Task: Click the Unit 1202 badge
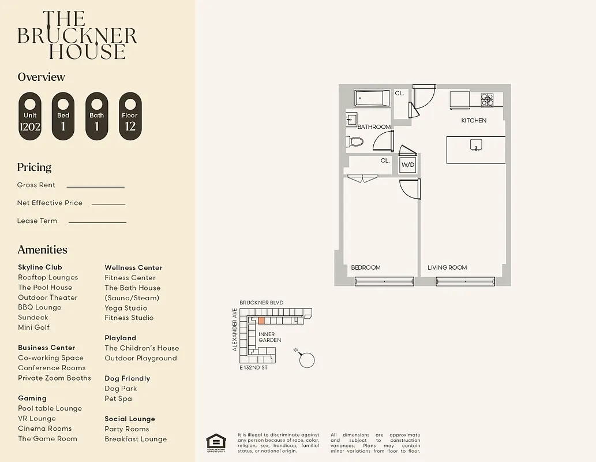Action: (x=30, y=116)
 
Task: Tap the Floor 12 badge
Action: (x=130, y=116)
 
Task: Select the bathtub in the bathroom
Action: (x=372, y=98)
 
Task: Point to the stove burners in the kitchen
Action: (x=487, y=100)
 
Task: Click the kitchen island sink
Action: (x=476, y=144)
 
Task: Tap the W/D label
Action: (x=408, y=165)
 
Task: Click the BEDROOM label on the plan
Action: (x=366, y=267)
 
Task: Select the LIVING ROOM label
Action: (x=447, y=267)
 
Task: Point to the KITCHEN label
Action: (x=474, y=121)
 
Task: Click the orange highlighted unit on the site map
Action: (x=261, y=321)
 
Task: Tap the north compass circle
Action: (x=308, y=360)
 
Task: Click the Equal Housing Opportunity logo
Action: (x=216, y=442)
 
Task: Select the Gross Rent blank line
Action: (x=96, y=187)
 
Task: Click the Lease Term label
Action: (x=37, y=221)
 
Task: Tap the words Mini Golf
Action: (x=33, y=327)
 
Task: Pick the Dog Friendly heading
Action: (x=127, y=378)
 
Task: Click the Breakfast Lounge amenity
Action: (x=136, y=439)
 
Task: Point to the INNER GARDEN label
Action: (x=269, y=337)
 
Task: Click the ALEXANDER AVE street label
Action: (x=235, y=330)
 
